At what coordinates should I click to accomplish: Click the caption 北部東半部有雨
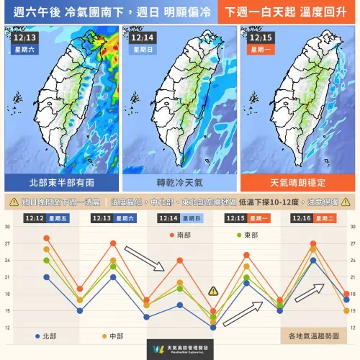click(60, 182)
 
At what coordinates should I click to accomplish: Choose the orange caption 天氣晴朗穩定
click(296, 182)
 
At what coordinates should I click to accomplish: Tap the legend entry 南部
click(184, 235)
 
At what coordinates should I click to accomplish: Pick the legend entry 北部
click(48, 336)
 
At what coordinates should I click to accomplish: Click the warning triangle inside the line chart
click(213, 291)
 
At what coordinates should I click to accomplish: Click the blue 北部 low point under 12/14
click(213, 328)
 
